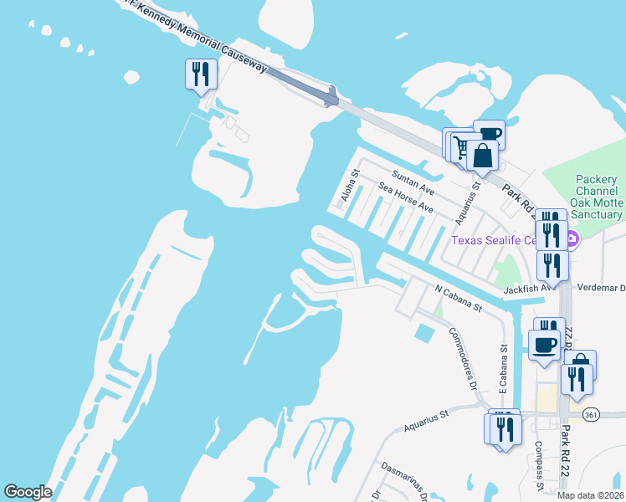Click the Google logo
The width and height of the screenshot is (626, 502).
tap(28, 492)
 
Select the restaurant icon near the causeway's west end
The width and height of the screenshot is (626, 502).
tap(201, 74)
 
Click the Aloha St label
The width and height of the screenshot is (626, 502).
tap(349, 187)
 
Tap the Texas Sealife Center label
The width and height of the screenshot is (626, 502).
tap(505, 240)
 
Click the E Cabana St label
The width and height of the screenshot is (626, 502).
tap(504, 369)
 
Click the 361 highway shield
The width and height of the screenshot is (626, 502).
tap(592, 415)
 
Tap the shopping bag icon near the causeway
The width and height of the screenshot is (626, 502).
tap(483, 155)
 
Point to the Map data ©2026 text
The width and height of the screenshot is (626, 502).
tap(591, 495)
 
